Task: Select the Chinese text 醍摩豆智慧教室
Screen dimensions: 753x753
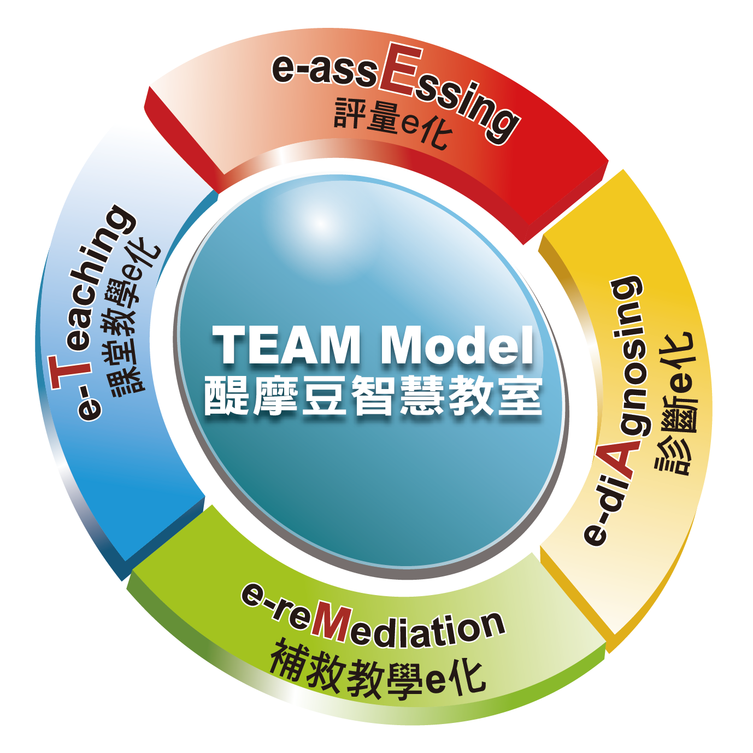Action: tap(373, 396)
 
